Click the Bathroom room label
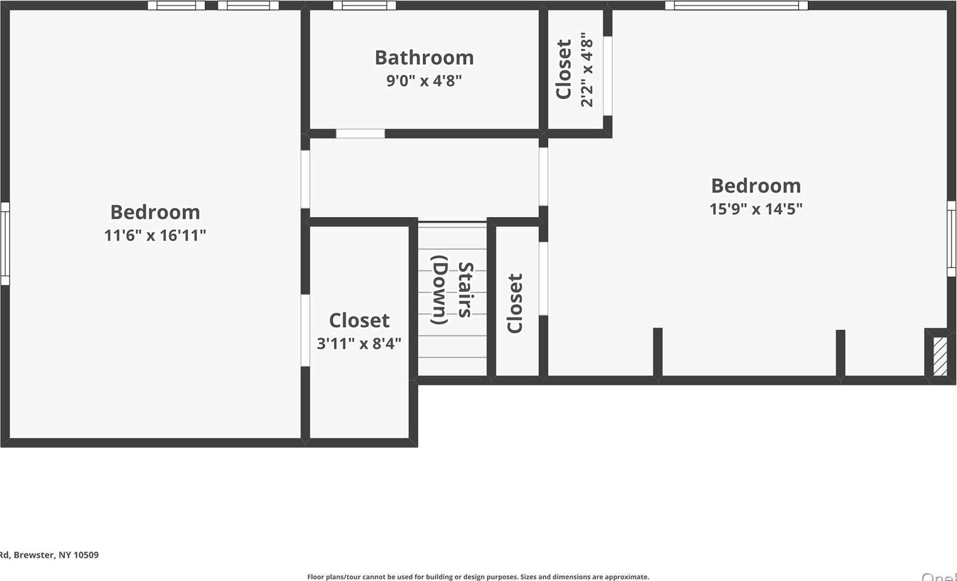coord(424,58)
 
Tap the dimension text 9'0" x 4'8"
coord(424,81)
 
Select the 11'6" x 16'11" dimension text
coord(155,235)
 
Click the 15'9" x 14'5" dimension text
coord(756,209)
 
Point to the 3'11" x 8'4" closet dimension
coord(359,344)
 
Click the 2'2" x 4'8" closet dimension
coord(586,69)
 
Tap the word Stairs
coord(465,290)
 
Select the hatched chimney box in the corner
coord(940,356)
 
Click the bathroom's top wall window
coord(364,5)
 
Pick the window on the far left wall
coord(5,243)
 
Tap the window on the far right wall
coord(951,239)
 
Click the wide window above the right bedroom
coord(736,5)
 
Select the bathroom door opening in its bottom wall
coord(360,134)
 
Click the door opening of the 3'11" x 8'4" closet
coord(305,330)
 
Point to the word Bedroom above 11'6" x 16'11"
coord(155,212)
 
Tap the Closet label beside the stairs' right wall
coord(515,303)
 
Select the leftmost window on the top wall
coord(177,5)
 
